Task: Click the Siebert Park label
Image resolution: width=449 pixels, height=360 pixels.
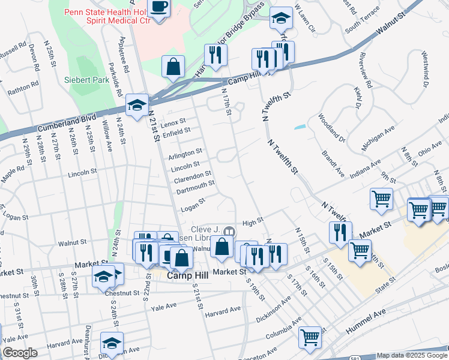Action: (83, 79)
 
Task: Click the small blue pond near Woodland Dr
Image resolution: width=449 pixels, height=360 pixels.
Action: (300, 127)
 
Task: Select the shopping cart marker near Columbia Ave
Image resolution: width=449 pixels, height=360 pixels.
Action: (310, 337)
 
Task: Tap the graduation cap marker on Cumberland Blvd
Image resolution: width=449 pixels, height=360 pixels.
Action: (137, 105)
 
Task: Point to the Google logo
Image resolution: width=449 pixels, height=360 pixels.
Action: (20, 353)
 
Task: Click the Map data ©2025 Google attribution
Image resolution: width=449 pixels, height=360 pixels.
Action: (412, 355)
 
